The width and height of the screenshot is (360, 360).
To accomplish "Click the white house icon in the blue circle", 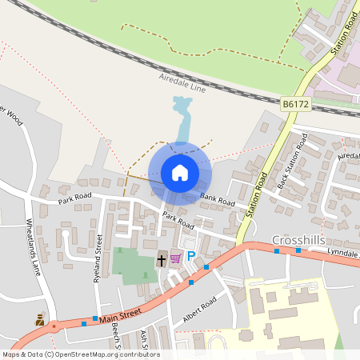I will pos(180,171).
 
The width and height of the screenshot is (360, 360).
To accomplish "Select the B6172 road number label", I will pos(295,103).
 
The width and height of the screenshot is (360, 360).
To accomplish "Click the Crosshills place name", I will pos(298,239).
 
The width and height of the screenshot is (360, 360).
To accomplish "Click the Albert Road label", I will pos(199,310).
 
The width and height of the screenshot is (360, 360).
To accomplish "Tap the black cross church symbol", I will pos(161,261).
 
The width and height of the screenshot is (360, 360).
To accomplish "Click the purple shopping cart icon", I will pos(175,258).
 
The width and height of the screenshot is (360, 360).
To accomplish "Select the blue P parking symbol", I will pos(191,257).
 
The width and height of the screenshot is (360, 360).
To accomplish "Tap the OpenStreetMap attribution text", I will pos(80,354).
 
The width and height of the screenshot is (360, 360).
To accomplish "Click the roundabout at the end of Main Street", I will pos(55,326).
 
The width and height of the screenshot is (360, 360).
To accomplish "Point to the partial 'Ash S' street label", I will pos(145,340).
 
